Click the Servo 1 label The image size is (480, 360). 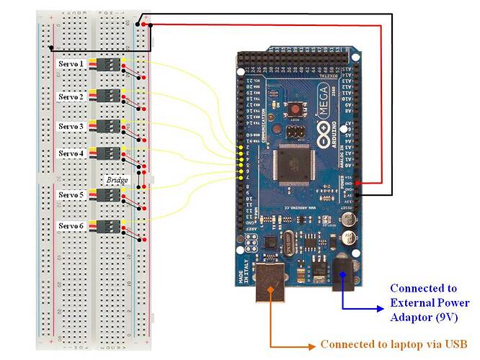pyautogui.click(x=71, y=64)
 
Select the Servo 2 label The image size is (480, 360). pyautogui.click(x=71, y=96)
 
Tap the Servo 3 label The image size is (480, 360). pyautogui.click(x=71, y=126)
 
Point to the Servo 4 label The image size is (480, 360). pyautogui.click(x=71, y=153)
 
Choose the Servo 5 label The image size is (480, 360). pyautogui.click(x=71, y=195)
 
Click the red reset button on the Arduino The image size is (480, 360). pyautogui.click(x=294, y=110)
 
